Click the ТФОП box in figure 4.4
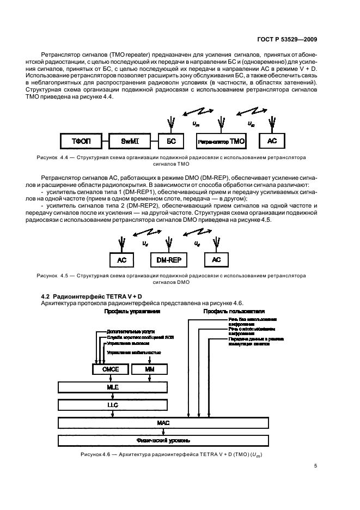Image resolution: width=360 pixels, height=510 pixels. click(80, 141)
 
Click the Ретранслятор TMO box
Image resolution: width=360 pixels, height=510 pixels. click(221, 141)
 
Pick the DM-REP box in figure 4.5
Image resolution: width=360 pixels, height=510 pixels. click(169, 260)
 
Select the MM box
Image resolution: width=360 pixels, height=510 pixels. click(150, 369)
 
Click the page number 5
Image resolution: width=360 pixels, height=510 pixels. click(316, 466)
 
